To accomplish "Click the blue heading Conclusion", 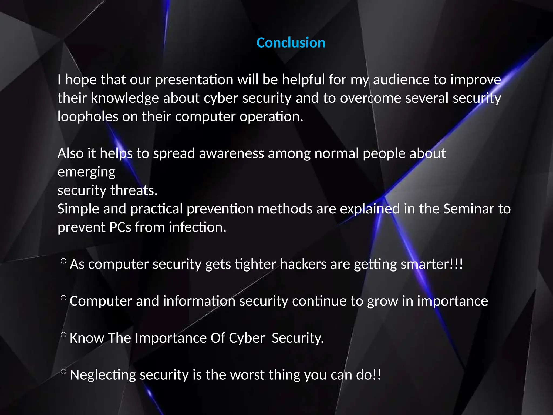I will pos(291,43).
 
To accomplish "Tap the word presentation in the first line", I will pos(194,80).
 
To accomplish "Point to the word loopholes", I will pos(88,117).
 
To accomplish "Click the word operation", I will pos(271,117).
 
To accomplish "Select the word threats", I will pos(134,190).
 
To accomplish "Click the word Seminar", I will pos(468,209).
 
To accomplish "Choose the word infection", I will pos(197,227).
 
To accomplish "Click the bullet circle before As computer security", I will pos(63,261).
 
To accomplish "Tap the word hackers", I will pos(303,264).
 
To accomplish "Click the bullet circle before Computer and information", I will pos(63,298).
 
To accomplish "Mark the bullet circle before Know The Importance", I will pos(63,335).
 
